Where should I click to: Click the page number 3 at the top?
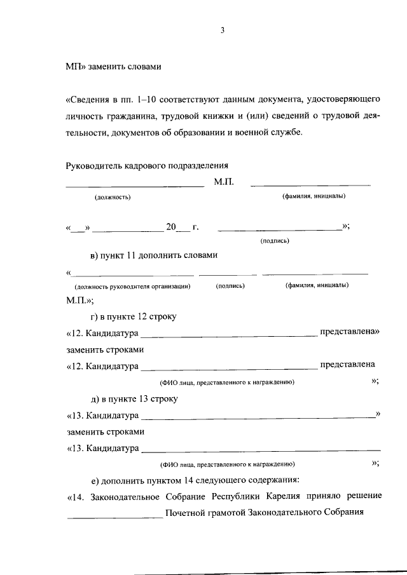pos(223,30)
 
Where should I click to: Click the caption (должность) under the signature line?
pos(113,197)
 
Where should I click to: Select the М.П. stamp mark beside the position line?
pos(224,182)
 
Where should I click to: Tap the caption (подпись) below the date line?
pos(275,241)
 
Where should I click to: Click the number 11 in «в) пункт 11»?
pos(130,255)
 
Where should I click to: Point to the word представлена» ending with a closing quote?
pos(349,331)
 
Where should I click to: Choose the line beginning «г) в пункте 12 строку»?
pos(134,316)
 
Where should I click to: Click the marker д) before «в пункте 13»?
pos(95,399)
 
